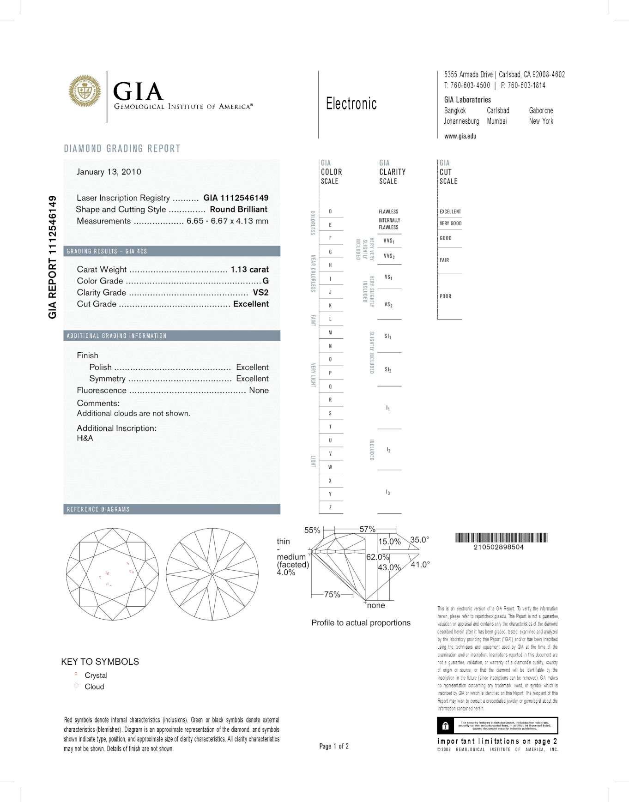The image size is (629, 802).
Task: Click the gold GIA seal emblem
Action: pyautogui.click(x=85, y=91)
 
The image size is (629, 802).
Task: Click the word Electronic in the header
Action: pyautogui.click(x=351, y=103)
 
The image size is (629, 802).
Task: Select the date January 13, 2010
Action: pyautogui.click(x=109, y=172)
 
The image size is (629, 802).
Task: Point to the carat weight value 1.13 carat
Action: pyautogui.click(x=249, y=269)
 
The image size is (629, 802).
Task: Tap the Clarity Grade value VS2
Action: pyautogui.click(x=260, y=292)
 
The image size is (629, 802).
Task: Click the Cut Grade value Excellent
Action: pyautogui.click(x=251, y=304)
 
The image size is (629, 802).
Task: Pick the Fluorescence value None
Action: pyautogui.click(x=259, y=390)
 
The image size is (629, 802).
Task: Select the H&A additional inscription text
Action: pyautogui.click(x=85, y=438)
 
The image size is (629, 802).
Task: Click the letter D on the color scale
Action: pyautogui.click(x=330, y=211)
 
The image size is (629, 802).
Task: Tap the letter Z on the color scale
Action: pyautogui.click(x=330, y=507)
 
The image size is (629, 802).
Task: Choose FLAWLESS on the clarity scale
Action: pyautogui.click(x=388, y=211)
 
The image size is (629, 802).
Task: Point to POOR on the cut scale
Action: pyautogui.click(x=446, y=296)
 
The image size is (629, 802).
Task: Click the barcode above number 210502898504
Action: pyautogui.click(x=501, y=537)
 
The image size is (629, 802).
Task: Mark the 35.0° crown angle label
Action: pyautogui.click(x=419, y=540)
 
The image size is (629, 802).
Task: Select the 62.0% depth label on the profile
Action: pyautogui.click(x=377, y=557)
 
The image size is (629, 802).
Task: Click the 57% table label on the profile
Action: pyautogui.click(x=367, y=529)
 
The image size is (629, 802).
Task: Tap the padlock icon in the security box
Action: pyautogui.click(x=445, y=726)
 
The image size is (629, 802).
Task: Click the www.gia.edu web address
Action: pyautogui.click(x=460, y=136)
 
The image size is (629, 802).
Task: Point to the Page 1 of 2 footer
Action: pyautogui.click(x=334, y=746)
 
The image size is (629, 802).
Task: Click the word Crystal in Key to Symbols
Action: pyautogui.click(x=96, y=675)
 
